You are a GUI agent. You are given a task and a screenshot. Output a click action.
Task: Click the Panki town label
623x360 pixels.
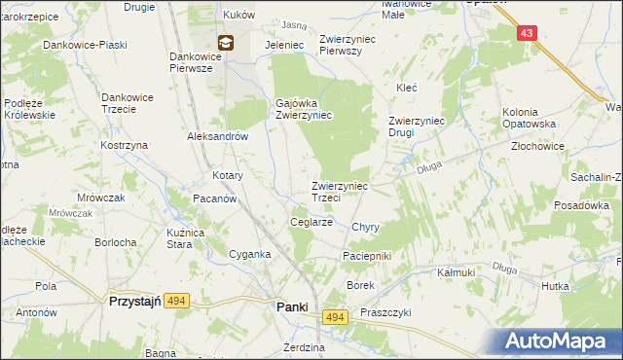(x=293, y=306)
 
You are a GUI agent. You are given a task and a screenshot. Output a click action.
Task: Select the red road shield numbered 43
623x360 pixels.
(x=527, y=33)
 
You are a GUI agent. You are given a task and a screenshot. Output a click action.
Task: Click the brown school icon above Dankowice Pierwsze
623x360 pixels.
(x=226, y=42)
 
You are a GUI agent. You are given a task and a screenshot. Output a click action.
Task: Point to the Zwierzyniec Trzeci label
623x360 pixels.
(x=339, y=191)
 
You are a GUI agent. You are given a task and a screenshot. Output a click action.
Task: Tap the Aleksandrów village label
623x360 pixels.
(x=218, y=137)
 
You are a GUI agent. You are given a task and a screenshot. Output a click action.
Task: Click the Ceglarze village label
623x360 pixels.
(x=312, y=222)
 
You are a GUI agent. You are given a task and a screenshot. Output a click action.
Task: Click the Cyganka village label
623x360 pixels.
(x=249, y=253)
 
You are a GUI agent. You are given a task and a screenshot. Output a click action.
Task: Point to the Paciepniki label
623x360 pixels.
(x=366, y=255)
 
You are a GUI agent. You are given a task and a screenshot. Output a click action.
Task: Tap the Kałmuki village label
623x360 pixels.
(x=456, y=272)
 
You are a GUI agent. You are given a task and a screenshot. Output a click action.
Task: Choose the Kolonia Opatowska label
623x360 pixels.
(x=529, y=119)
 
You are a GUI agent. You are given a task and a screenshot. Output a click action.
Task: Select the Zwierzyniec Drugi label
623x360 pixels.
(x=417, y=126)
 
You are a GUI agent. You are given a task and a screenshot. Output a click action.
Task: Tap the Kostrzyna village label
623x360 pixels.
(x=124, y=145)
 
